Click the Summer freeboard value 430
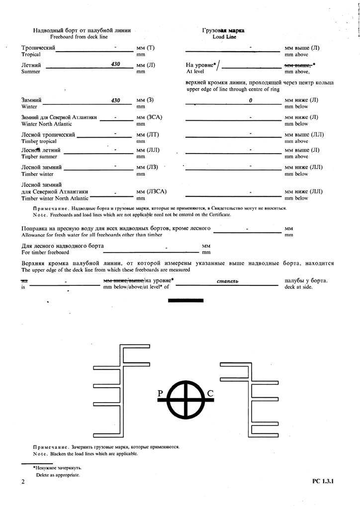click(x=116, y=64)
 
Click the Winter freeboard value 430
click(x=116, y=100)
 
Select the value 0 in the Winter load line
click(x=251, y=100)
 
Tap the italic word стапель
click(x=229, y=281)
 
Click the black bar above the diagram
click(x=186, y=300)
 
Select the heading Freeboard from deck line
click(x=82, y=37)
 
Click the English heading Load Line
click(x=224, y=37)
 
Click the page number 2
click(x=23, y=482)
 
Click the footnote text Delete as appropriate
click(x=58, y=475)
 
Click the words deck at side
click(x=298, y=287)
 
